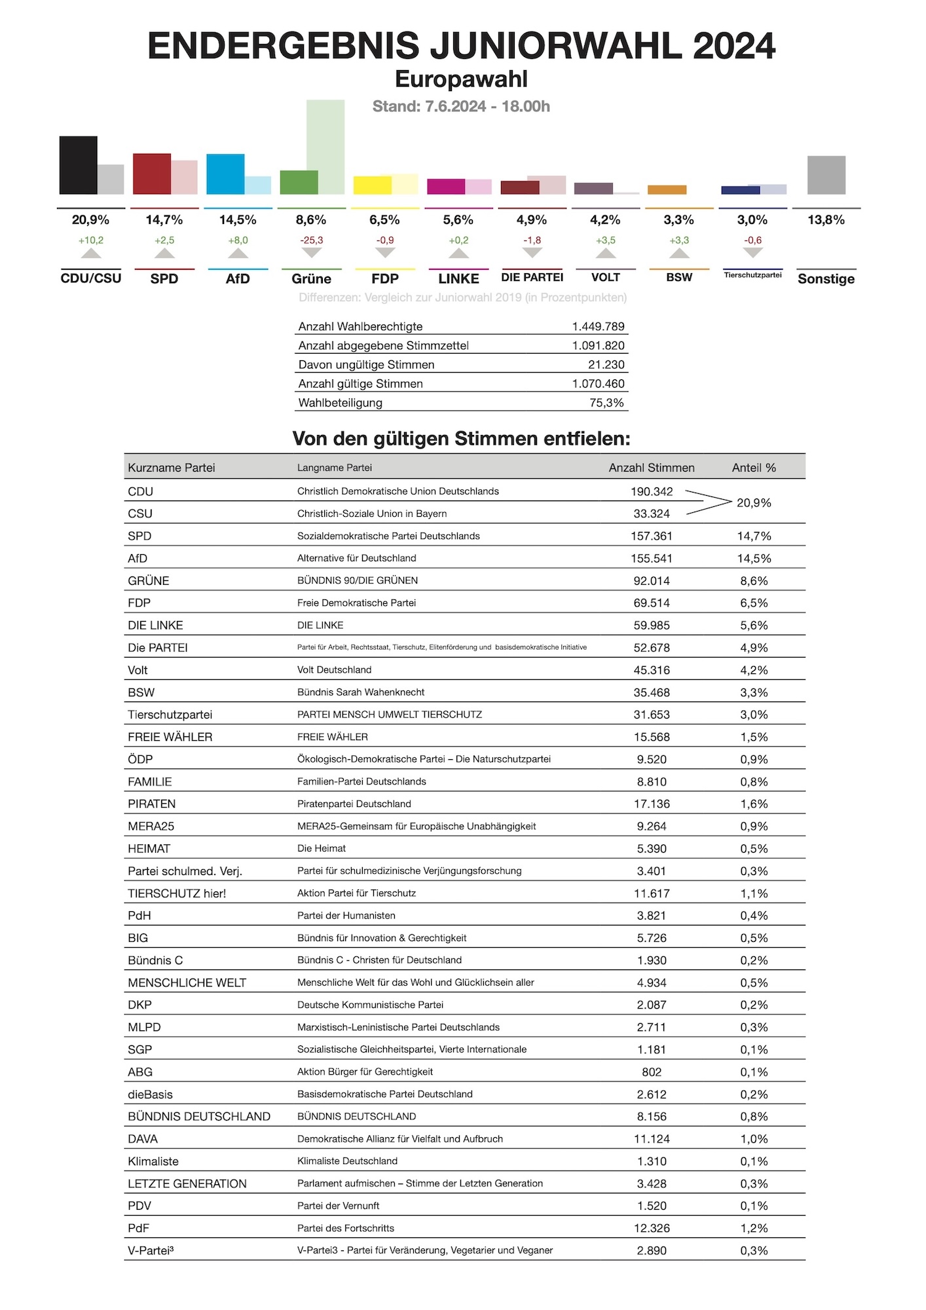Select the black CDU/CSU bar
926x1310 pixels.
point(78,165)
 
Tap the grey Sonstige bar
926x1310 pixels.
point(826,175)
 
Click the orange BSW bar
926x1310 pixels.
point(667,190)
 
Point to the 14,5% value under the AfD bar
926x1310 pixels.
point(238,220)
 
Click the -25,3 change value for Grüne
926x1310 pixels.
point(311,240)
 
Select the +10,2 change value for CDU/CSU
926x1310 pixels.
point(91,240)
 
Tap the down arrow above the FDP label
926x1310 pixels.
point(385,253)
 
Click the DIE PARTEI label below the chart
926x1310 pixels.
point(532,277)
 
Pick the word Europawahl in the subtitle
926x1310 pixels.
point(461,79)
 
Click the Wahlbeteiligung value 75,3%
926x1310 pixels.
point(606,403)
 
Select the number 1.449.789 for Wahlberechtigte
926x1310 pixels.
point(598,326)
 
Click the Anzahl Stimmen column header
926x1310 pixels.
point(651,468)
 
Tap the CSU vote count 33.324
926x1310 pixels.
point(651,514)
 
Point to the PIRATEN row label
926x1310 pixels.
point(151,804)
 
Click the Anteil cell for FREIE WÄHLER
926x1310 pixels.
point(754,737)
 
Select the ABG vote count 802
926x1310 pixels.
point(651,1072)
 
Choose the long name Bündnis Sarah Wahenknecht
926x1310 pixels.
point(360,692)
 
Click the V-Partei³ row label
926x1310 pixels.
point(151,1250)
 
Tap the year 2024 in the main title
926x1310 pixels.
point(733,46)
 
